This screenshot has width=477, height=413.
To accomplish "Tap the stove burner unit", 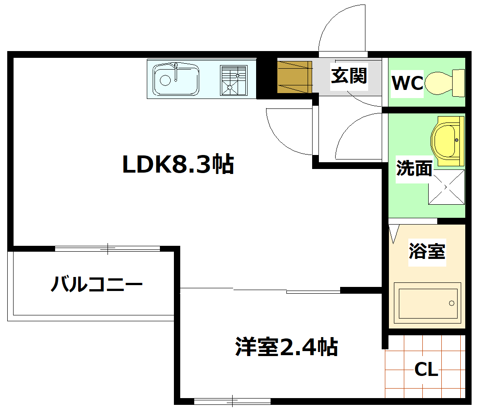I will coord(233,80).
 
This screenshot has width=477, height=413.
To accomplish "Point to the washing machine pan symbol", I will coord(446,187).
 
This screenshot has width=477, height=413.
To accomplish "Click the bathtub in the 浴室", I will coord(426,303).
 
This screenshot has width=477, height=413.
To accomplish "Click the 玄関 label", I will coord(349,76).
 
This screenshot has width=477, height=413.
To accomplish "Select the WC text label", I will coord(407,83).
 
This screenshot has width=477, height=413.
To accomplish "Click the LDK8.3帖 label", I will coord(178,165).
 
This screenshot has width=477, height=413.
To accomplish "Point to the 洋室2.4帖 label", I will coord(286,347).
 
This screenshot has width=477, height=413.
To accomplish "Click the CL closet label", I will coord(426,370).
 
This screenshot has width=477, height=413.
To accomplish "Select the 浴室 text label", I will coord(427,251).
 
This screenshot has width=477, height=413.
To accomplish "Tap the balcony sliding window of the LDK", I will coord(108,248).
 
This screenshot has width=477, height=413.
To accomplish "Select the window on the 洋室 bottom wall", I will coord(232,400).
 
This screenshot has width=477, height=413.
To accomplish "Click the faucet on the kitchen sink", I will coord(176,71).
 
